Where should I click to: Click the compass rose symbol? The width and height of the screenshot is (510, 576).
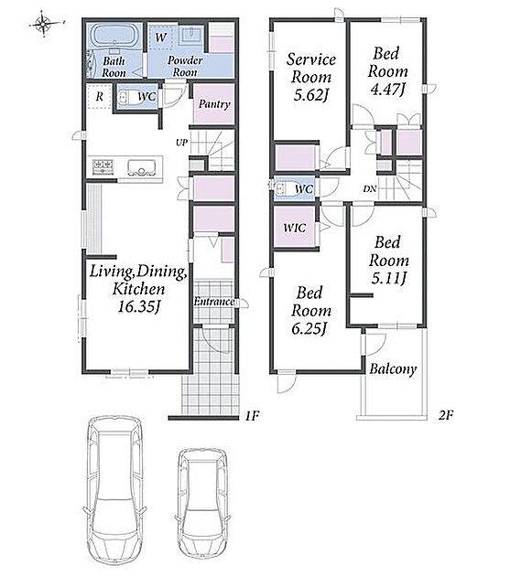43,25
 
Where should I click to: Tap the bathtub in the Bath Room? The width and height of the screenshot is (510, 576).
114,36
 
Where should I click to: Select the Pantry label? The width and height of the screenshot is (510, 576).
214,104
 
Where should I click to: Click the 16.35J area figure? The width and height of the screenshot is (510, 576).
139,306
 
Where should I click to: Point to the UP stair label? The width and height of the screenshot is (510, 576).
182,143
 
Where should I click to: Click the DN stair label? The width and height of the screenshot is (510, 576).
369,189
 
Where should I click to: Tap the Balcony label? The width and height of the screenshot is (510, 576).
393,368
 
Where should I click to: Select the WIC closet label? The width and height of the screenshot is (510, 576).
295,228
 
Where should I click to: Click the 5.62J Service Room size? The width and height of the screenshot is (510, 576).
310,95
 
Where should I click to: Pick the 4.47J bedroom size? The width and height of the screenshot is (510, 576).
387,90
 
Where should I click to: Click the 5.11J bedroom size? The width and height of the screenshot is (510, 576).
388,278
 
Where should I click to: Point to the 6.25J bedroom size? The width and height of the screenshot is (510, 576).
309,328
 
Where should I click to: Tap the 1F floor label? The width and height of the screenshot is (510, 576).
253,416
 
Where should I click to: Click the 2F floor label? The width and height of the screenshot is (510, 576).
446,415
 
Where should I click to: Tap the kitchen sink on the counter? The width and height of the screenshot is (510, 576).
141,167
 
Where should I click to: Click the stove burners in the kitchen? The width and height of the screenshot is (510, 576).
103,166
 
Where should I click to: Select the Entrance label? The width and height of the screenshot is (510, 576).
214,302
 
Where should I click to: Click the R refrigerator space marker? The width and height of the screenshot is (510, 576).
100,96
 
